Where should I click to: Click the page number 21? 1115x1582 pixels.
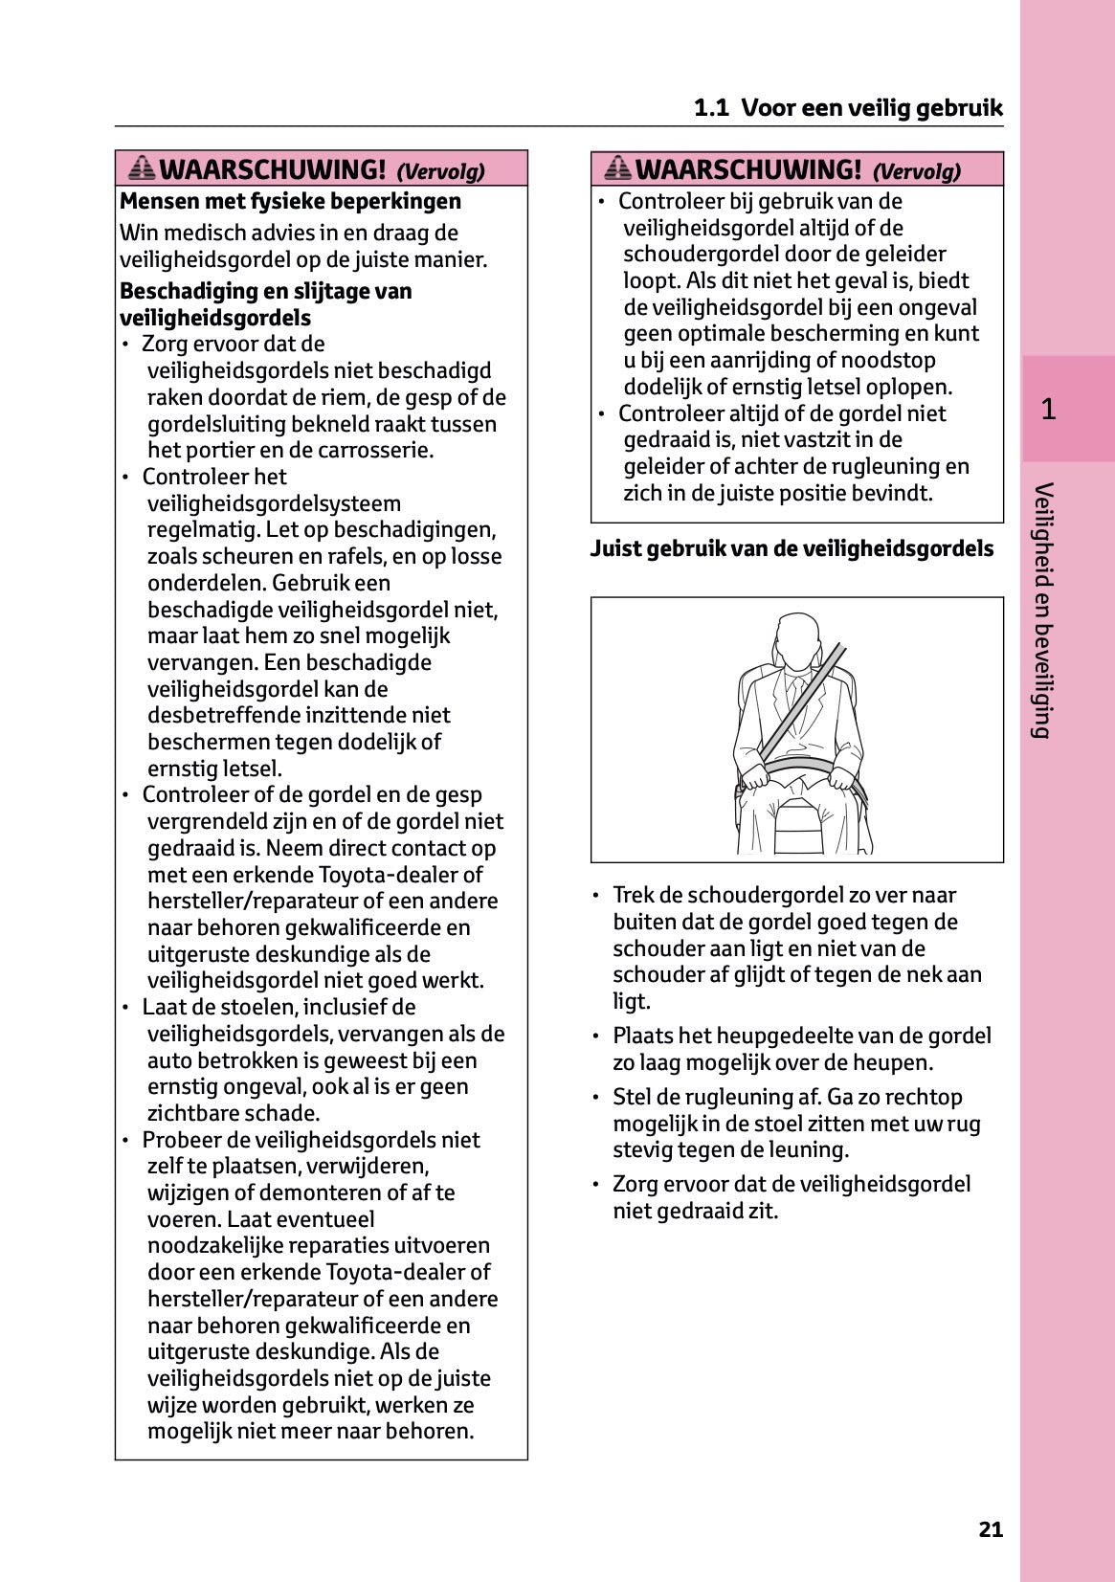point(991,1529)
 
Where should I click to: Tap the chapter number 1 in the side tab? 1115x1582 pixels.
point(1048,410)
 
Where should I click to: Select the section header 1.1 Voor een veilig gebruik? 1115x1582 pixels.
point(848,107)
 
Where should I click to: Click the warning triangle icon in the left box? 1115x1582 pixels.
point(142,168)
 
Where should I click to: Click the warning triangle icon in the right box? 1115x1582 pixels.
point(618,168)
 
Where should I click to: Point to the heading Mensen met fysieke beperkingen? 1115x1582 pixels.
point(290,201)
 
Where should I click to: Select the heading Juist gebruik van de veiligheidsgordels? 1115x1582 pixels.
point(792,548)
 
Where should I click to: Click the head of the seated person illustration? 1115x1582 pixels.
point(796,638)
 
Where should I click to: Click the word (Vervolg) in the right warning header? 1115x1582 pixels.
point(916,171)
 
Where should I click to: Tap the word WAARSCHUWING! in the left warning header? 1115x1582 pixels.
point(273,169)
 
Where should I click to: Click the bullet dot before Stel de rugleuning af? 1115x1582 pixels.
point(596,1097)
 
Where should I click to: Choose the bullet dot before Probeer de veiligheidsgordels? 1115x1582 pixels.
point(125,1140)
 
